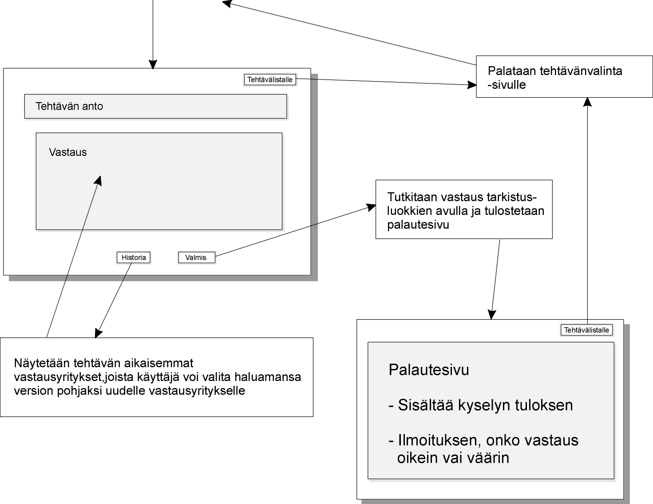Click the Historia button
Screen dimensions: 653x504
134,258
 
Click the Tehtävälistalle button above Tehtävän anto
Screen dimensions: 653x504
270,79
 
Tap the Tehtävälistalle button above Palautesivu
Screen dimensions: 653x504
586,330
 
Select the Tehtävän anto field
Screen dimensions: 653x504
156,107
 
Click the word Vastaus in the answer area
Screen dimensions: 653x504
68,152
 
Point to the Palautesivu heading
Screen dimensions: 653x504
428,369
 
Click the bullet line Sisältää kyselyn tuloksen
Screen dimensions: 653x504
480,405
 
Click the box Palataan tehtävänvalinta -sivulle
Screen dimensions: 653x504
564,77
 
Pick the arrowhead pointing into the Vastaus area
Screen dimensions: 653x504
99,180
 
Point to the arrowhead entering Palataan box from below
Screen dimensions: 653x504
587,102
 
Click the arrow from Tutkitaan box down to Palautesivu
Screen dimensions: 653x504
495,279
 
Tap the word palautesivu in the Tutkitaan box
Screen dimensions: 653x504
418,225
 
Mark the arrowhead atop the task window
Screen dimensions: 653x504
153,64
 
